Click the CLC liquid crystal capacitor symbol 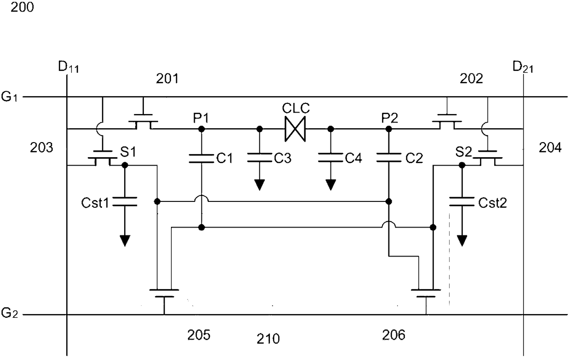295,129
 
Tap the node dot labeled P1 201,129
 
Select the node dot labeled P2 388,129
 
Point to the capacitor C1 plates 201,158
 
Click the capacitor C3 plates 259,158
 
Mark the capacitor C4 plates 331,158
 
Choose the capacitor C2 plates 388,158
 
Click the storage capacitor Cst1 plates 125,201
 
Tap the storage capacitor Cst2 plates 462,201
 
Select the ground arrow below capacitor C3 259,185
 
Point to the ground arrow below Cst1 125,240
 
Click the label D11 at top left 68,67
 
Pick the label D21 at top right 523,67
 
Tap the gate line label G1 9,97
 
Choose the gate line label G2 9,313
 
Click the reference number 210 268,339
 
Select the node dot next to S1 125,166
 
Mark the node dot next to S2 462,166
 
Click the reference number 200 22,7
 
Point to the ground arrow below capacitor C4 331,185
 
